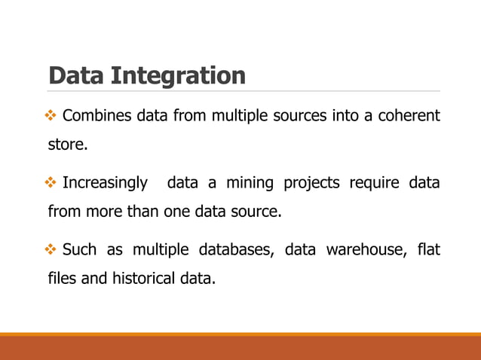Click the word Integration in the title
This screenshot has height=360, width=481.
178,76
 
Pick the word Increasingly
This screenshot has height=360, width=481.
105,184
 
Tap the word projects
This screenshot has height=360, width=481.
314,184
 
